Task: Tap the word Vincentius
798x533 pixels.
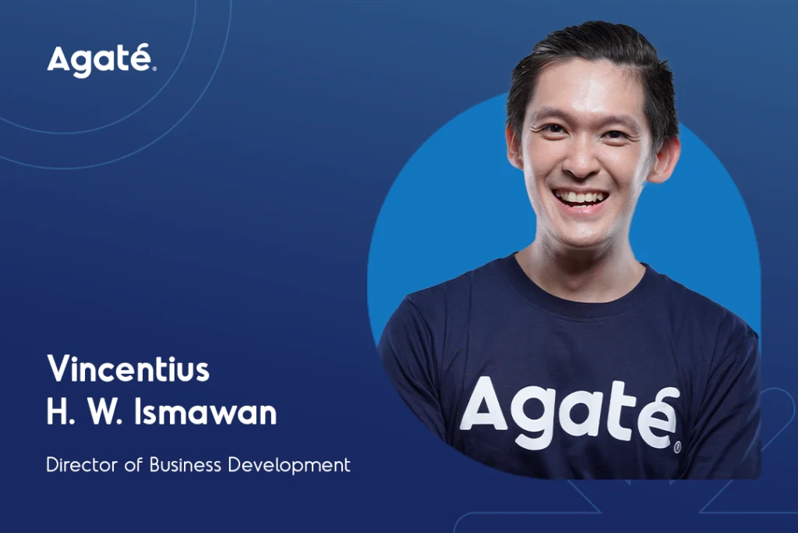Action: click(x=129, y=368)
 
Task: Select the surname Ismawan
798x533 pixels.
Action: click(x=206, y=412)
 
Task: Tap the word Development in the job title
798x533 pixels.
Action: click(x=289, y=465)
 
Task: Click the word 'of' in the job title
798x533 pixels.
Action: click(x=133, y=465)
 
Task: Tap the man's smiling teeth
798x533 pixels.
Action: click(x=581, y=196)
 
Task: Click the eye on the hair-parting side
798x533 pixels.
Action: click(x=615, y=135)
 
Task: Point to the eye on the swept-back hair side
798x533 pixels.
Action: click(x=551, y=129)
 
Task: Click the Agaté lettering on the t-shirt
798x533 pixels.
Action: click(x=570, y=415)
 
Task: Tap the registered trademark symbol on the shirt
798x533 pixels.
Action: click(x=677, y=448)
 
